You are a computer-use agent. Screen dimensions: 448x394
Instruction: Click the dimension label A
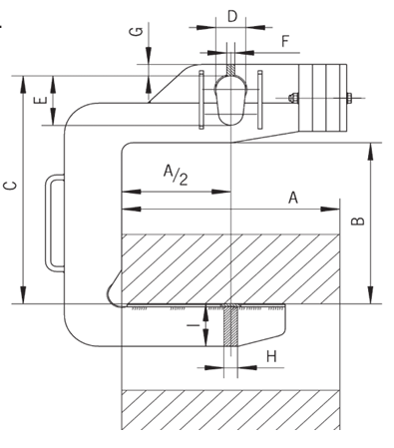293,198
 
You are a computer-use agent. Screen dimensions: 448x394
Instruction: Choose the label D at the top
231,17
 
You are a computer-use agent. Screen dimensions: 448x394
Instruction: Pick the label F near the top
285,42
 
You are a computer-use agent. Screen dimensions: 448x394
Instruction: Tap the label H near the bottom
270,356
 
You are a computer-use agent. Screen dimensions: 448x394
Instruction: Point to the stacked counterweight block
321,99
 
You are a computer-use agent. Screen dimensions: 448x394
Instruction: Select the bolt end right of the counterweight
351,98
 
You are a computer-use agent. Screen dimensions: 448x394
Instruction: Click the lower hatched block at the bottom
229,409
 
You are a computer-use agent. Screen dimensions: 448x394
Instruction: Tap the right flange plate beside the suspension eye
257,101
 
